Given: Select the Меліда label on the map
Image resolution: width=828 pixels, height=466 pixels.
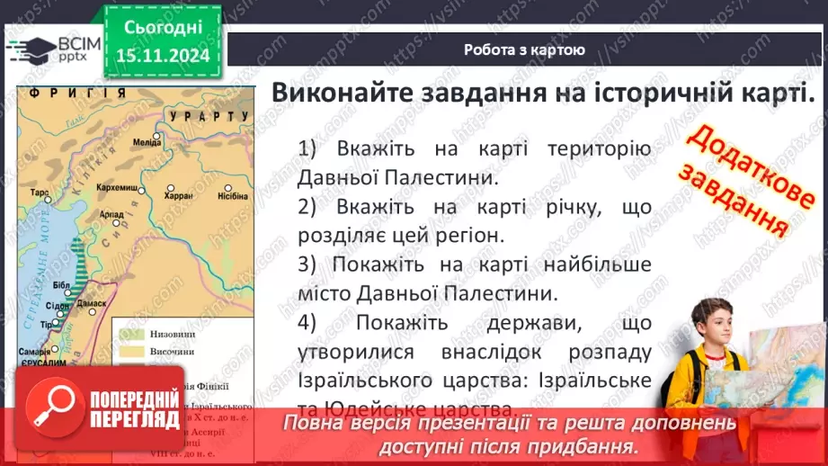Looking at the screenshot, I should pyautogui.click(x=145, y=142).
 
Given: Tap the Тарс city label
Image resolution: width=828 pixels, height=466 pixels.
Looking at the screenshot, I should pyautogui.click(x=38, y=193).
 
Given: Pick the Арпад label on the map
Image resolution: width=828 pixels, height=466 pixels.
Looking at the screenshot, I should pyautogui.click(x=111, y=214).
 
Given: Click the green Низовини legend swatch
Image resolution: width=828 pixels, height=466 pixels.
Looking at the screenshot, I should pyautogui.click(x=127, y=332).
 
